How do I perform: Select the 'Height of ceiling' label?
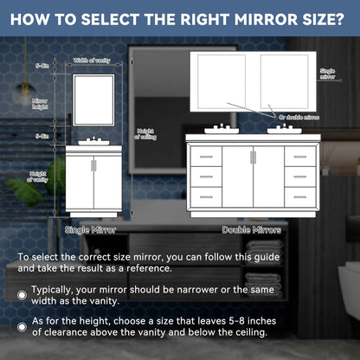click(145, 134)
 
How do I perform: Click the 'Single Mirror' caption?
click(90, 229)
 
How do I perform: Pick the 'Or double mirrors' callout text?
click(299, 115)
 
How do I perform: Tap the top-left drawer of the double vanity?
click(204, 157)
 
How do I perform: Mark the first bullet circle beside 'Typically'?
click(22, 295)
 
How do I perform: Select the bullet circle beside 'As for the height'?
click(22, 326)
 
